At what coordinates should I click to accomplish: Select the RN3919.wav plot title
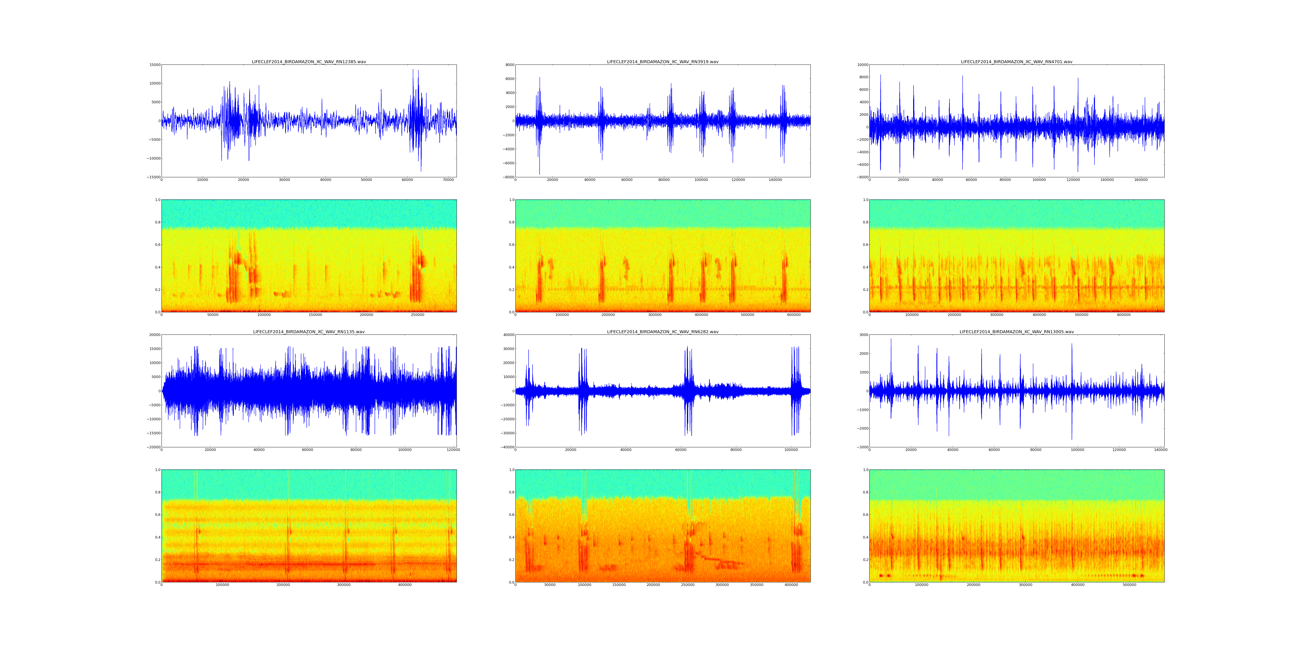pos(663,62)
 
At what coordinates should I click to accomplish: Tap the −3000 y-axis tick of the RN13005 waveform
pos(861,447)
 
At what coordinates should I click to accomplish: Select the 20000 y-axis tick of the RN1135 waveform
pos(153,335)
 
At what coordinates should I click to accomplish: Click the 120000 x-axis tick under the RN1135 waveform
pos(453,450)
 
